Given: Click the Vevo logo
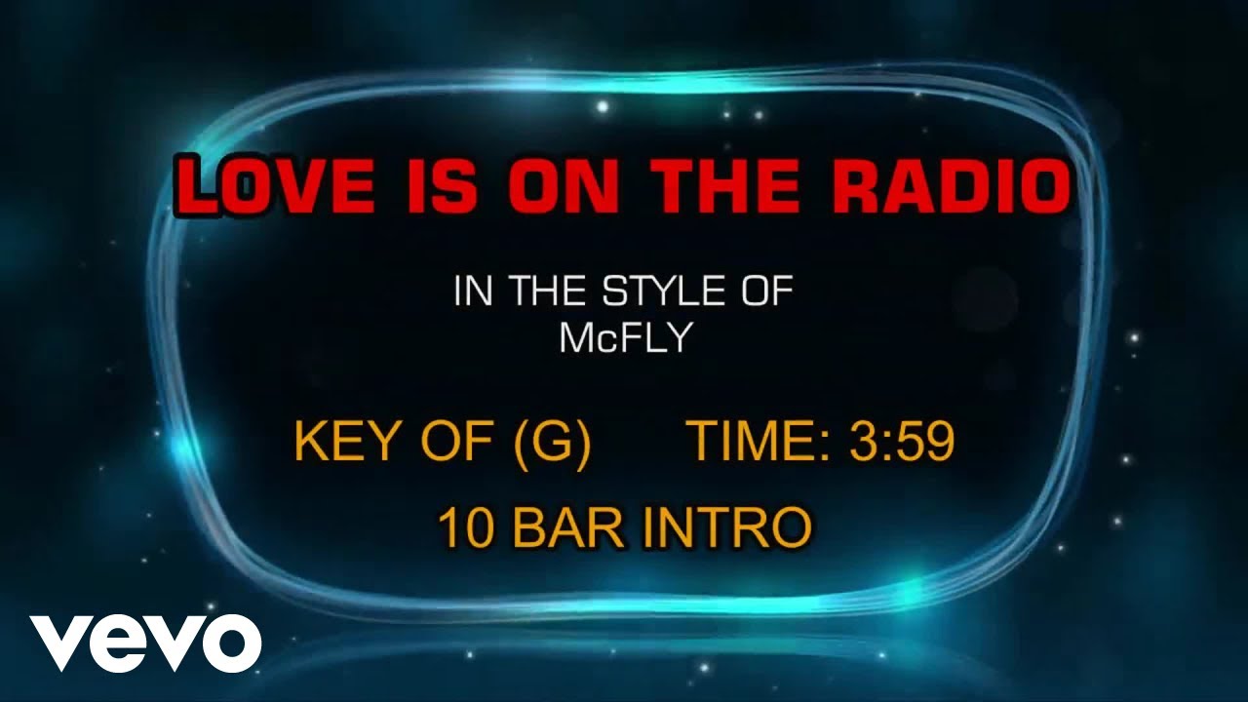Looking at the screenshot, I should point(145,643).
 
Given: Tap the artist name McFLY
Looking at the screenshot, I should point(624,337).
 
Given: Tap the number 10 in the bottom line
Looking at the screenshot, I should point(464,527).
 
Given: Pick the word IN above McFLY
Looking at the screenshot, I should point(472,292).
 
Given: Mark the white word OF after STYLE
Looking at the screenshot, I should point(761,292).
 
